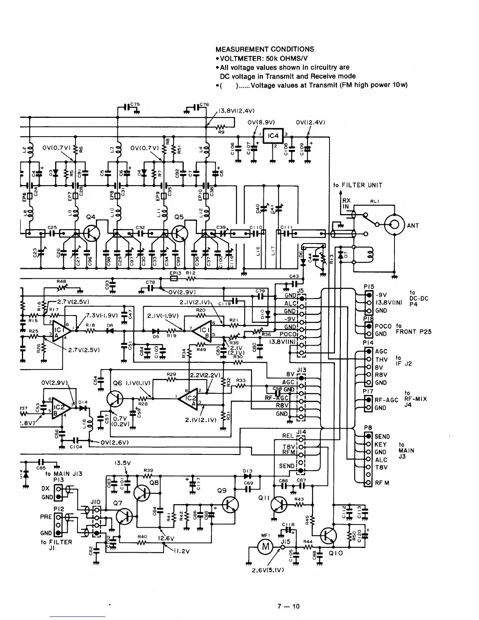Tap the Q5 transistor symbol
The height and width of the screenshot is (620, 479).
pos(180,233)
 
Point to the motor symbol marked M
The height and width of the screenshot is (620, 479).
pos(265,547)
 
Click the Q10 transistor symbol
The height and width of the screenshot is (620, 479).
pos(329,536)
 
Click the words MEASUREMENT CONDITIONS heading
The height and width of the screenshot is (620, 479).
pos(265,49)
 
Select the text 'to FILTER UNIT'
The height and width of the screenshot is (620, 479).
pos(358,185)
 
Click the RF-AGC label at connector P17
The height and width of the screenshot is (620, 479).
pos(386,400)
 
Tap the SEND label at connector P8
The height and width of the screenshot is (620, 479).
pos(382,436)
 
